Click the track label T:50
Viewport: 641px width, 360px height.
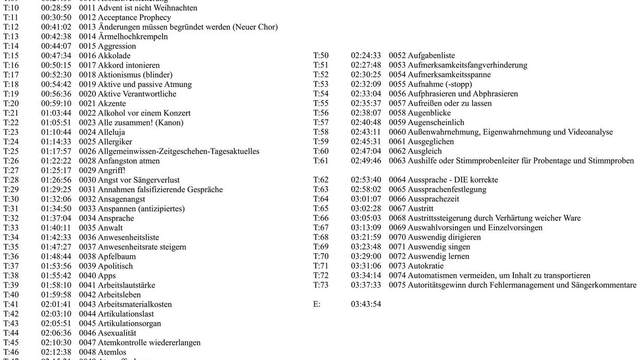tap(320, 56)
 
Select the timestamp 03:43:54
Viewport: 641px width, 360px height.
tap(366, 304)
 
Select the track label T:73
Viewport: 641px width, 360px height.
tap(320, 285)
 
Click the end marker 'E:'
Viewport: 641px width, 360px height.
tap(317, 304)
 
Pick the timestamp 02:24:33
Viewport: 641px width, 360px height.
tap(366, 56)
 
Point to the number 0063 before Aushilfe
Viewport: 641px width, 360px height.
tap(397, 160)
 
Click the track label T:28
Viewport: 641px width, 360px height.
tap(11, 180)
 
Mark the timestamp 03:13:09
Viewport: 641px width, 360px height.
tap(366, 228)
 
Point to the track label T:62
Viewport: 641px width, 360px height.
tap(320, 180)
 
